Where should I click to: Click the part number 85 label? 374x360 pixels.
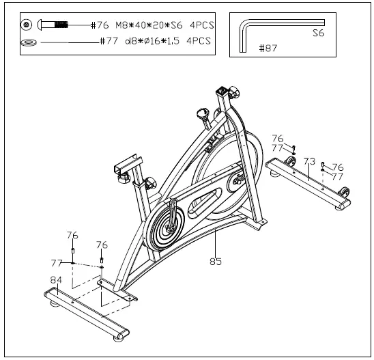[216, 260]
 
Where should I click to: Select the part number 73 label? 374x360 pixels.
[308, 161]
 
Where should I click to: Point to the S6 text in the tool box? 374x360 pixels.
[318, 32]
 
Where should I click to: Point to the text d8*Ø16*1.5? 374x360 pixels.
[152, 41]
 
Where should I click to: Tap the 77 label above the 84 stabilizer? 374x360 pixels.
[57, 262]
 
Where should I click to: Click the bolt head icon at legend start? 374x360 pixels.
[26, 25]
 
